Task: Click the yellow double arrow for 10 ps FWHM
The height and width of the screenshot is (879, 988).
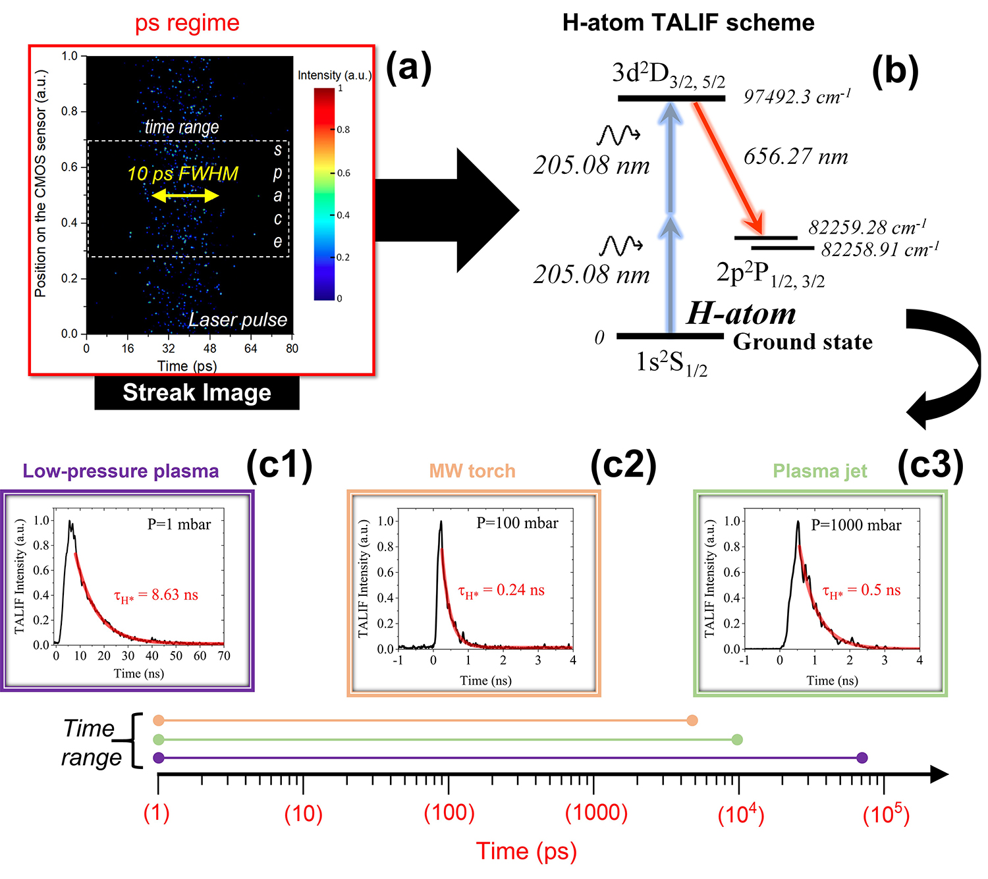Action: [185, 196]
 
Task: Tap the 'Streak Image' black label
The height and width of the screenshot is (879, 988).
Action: [196, 392]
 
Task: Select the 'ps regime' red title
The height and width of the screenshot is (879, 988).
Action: [187, 23]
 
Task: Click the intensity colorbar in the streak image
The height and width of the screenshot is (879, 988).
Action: [324, 194]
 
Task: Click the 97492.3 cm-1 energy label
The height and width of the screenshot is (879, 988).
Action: [797, 97]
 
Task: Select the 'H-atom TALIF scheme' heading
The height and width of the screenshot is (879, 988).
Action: [688, 23]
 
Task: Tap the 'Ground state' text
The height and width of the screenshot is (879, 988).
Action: [802, 342]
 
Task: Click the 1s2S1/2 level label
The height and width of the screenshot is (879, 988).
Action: [671, 363]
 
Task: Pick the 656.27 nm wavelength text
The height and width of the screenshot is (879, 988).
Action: [796, 157]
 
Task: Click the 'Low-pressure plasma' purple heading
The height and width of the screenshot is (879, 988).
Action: [121, 471]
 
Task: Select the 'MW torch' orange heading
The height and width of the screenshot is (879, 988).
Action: [472, 471]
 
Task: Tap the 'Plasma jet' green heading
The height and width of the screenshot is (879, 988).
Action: [819, 471]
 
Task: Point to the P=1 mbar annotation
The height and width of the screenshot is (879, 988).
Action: [179, 525]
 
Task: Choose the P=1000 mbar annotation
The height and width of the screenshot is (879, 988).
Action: [856, 525]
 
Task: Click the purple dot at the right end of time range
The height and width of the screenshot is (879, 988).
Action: [862, 758]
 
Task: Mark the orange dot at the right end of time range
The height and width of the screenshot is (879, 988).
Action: [692, 720]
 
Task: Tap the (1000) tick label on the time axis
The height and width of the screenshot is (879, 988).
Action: [596, 813]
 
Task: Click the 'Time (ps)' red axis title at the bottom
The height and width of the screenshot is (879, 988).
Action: [526, 851]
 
